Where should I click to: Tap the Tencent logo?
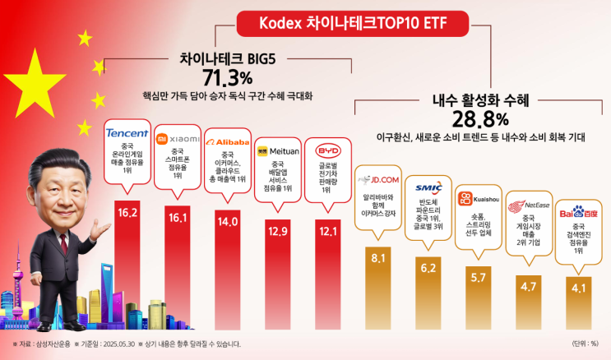coord(127,133)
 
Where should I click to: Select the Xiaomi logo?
coord(178,139)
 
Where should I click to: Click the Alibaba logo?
coord(228,141)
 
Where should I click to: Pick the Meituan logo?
coord(278,151)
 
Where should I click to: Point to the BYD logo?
coord(327,151)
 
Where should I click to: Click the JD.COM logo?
coord(379,178)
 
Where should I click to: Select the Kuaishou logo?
coord(478,198)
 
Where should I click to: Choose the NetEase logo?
coord(528,205)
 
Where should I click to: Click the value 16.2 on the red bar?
coord(127,213)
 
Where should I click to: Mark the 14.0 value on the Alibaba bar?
coord(228,221)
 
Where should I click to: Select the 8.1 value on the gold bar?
coord(379,258)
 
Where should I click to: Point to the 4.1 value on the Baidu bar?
coord(577,288)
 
